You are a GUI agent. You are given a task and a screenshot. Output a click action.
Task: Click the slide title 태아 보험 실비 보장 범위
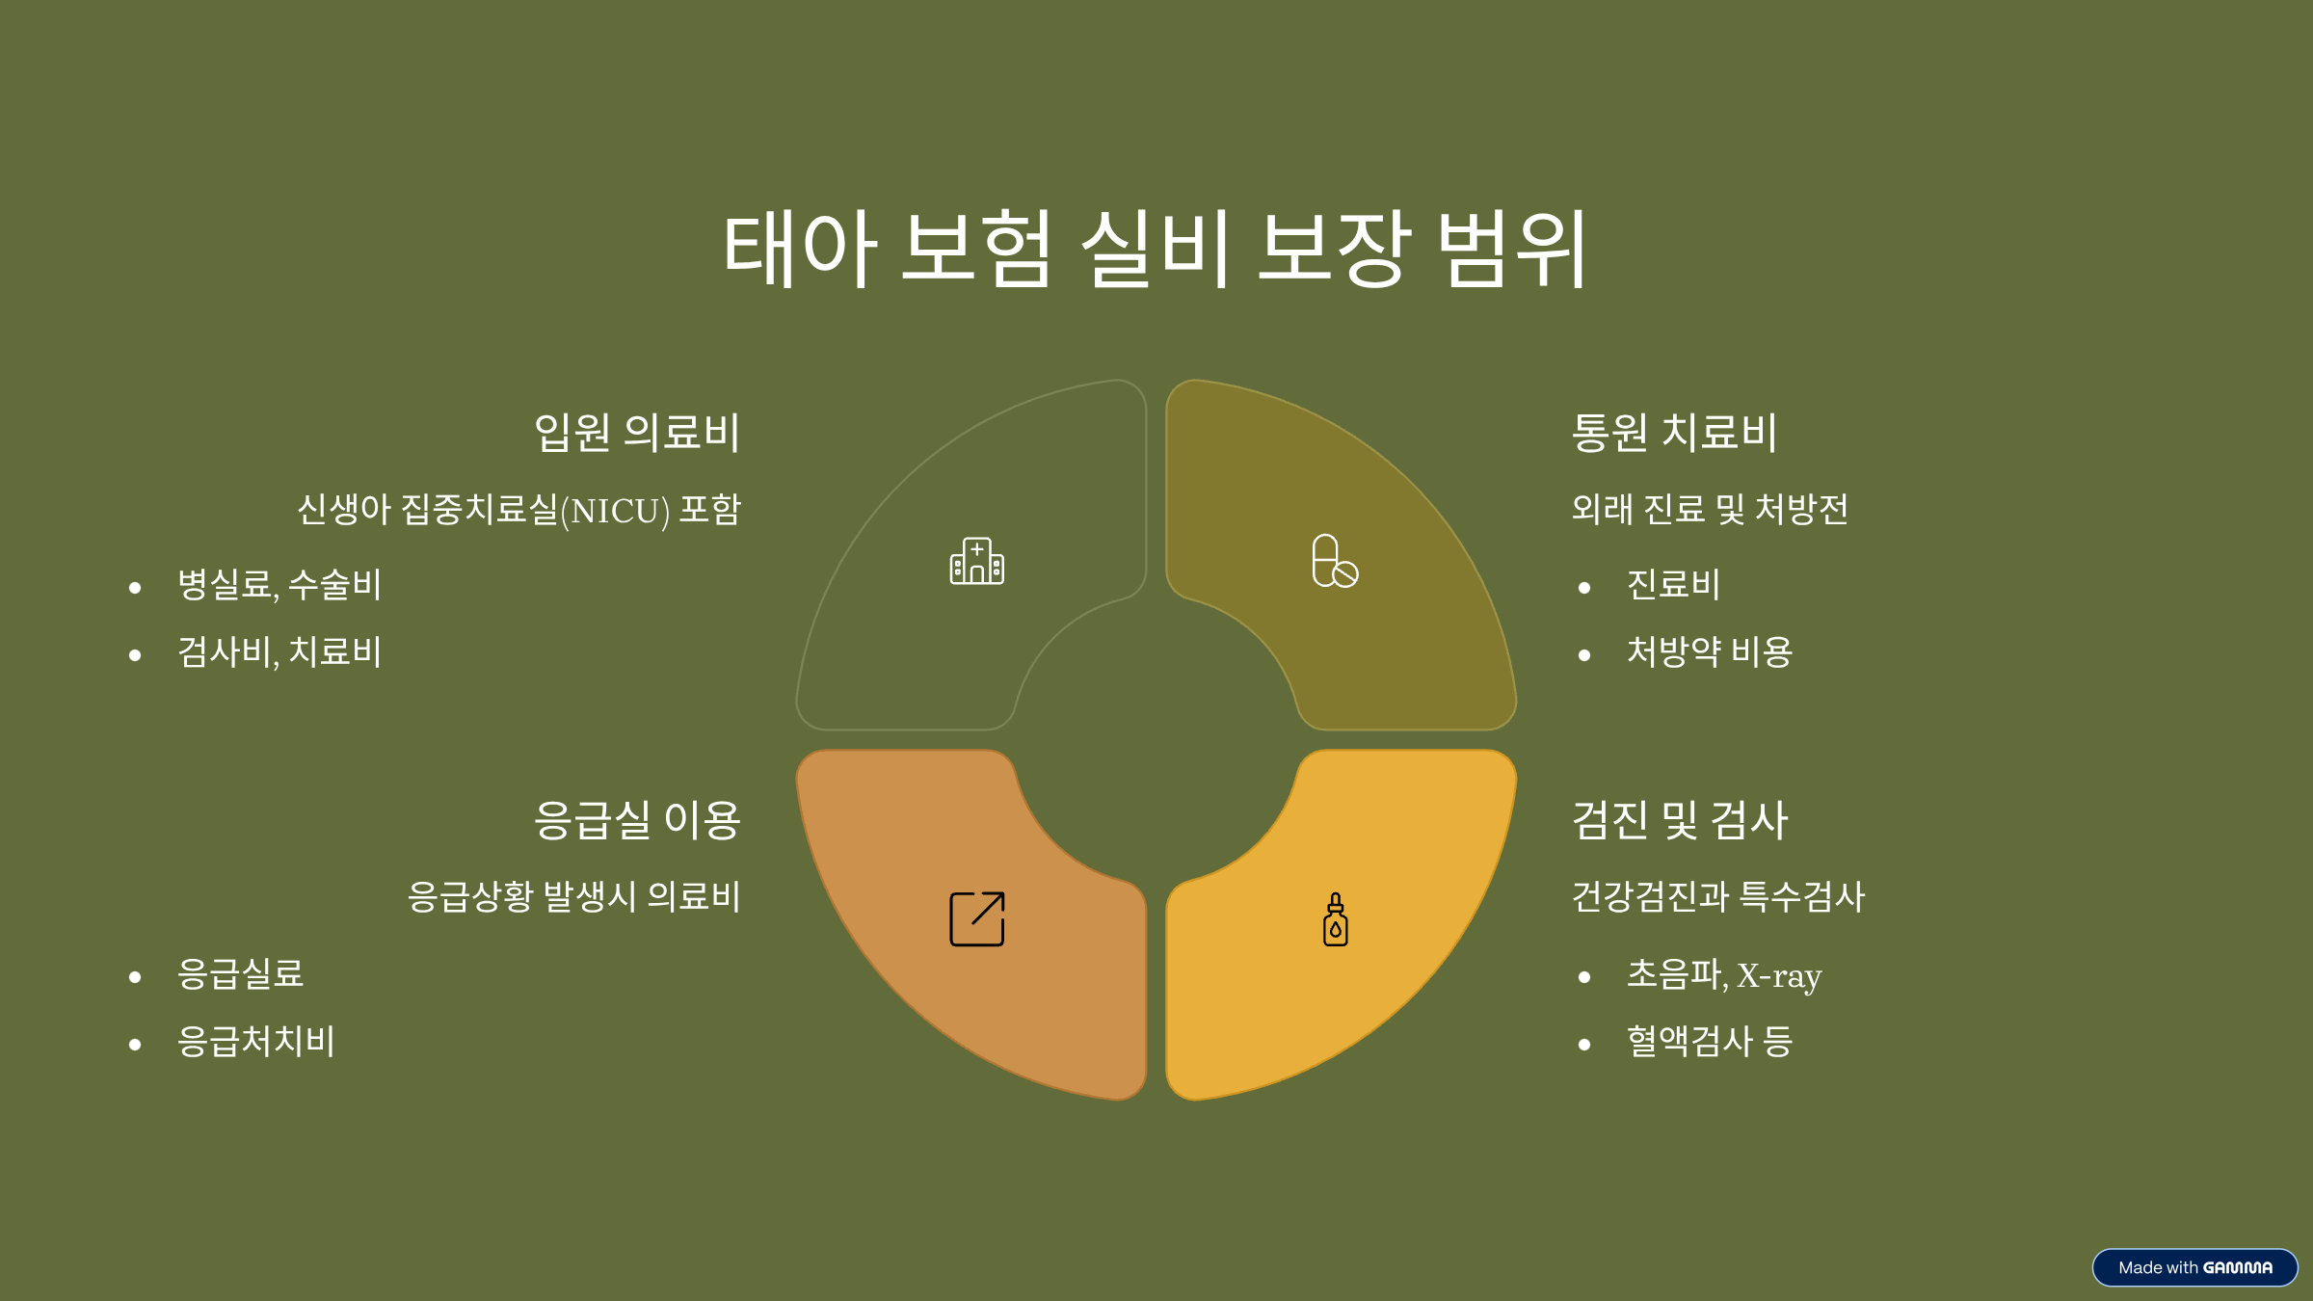click(x=1155, y=249)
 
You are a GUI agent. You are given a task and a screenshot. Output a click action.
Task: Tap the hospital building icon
click(x=976, y=561)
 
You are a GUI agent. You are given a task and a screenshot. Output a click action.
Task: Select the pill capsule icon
click(x=1335, y=561)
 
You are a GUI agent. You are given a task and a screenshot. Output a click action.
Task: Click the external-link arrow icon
click(x=976, y=918)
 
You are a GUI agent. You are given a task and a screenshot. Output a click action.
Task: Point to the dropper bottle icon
click(x=1335, y=919)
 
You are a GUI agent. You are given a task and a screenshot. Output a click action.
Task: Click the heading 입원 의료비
click(x=637, y=432)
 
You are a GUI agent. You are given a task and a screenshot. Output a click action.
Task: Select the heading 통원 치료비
click(x=1674, y=432)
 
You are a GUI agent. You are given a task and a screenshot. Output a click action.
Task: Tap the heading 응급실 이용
click(x=637, y=820)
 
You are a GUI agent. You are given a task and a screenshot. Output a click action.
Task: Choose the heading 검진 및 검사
click(x=1680, y=820)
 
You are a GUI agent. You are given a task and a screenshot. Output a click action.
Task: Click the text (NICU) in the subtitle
click(x=615, y=511)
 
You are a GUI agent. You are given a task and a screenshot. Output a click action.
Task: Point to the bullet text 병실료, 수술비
click(x=279, y=585)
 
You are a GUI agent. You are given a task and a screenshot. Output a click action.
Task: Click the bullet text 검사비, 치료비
click(x=279, y=652)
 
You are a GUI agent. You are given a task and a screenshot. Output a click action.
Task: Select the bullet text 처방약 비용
click(x=1710, y=652)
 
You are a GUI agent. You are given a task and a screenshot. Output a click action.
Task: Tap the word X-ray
click(x=1779, y=976)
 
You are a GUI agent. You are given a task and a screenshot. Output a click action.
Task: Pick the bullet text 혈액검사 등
click(x=1710, y=1042)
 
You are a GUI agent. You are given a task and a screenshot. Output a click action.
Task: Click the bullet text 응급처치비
click(x=256, y=1042)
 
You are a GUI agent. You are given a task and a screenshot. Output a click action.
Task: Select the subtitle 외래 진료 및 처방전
click(x=1710, y=509)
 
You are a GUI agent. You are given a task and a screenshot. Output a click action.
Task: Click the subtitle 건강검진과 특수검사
click(x=1718, y=897)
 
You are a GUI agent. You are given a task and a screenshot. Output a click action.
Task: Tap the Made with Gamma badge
click(x=2194, y=1267)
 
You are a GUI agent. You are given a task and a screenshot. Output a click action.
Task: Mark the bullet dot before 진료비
click(x=1584, y=588)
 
